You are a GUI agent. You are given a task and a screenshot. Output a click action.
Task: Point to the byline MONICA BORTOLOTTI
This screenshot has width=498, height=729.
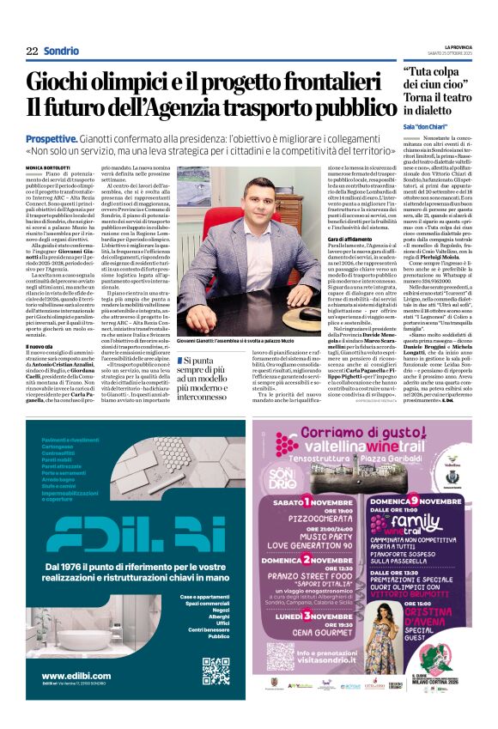click(x=48, y=166)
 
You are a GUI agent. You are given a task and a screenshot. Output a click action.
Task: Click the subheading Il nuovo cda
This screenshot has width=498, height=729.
click(x=40, y=346)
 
